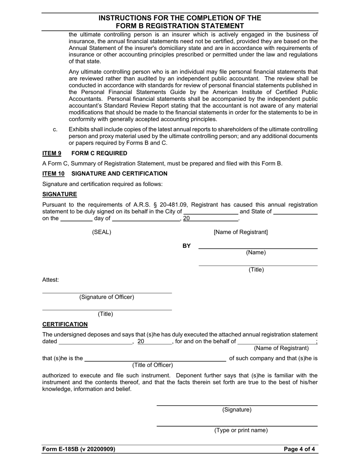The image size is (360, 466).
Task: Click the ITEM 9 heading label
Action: pyautogui.click(x=52, y=153)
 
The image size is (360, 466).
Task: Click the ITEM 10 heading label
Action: pyautogui.click(x=53, y=174)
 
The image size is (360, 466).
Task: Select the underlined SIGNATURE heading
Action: pyautogui.click(x=59, y=194)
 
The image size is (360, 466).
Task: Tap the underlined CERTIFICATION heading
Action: pyautogui.click(x=65, y=325)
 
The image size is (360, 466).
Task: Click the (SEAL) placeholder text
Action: pyautogui.click(x=102, y=232)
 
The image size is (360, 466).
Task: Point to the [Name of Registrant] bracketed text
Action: pyautogui.click(x=241, y=232)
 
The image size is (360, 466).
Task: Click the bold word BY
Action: pyautogui.click(x=186, y=246)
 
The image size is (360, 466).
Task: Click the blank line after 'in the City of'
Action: pyautogui.click(x=211, y=213)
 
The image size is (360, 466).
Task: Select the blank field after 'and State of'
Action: pyautogui.click(x=295, y=213)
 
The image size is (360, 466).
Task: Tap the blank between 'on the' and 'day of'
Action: pyautogui.click(x=76, y=219)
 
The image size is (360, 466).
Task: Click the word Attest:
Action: pyautogui.click(x=50, y=280)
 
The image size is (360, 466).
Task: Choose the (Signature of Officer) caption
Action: pyautogui.click(x=106, y=297)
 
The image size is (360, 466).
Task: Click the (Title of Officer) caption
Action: pyautogui.click(x=152, y=365)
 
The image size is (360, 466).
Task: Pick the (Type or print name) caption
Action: pyautogui.click(x=241, y=430)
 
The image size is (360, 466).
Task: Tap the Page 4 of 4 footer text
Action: pyautogui.click(x=299, y=449)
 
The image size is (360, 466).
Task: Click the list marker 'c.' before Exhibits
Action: pyautogui.click(x=55, y=130)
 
